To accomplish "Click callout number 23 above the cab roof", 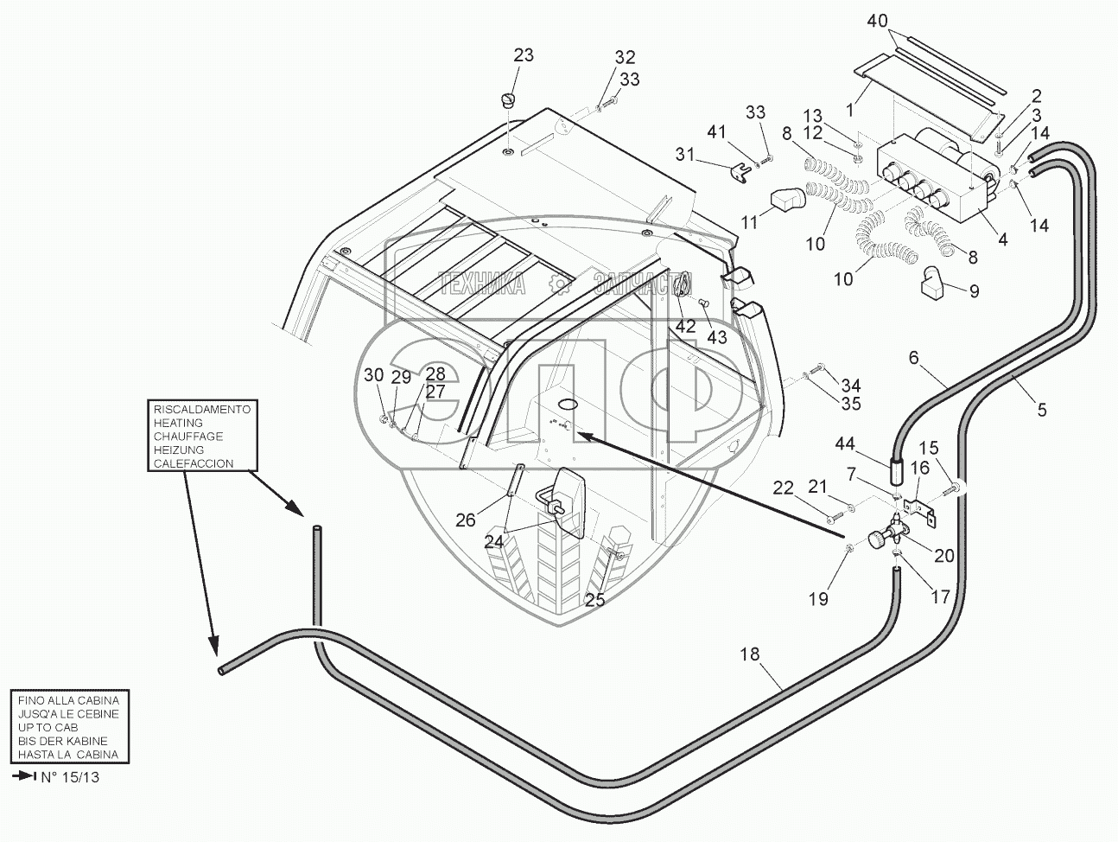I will coord(524,55).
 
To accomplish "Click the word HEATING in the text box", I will coord(178,423).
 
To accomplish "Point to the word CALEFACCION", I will coord(194,463).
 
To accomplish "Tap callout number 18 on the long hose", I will coord(749,654).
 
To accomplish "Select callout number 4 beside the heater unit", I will coord(1002,240).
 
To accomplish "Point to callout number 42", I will coord(685,327).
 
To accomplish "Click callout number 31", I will coord(685,154).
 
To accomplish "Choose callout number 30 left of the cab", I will coord(372,374).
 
